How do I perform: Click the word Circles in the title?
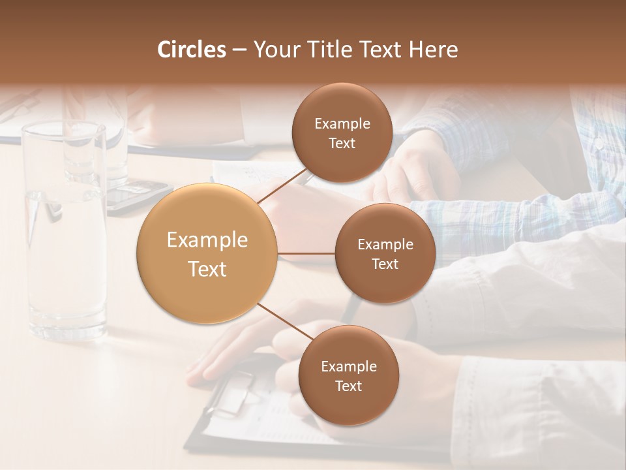tap(191, 50)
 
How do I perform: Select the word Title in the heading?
tap(342, 50)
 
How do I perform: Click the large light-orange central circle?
tap(207, 254)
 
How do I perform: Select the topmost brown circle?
tap(342, 133)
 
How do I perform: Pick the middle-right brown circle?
tap(385, 253)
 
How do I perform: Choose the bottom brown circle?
tap(348, 375)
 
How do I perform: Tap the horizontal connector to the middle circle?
tap(306, 253)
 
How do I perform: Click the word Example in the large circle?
tap(207, 240)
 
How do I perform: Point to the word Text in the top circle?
tap(342, 144)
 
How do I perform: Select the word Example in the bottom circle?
tap(348, 366)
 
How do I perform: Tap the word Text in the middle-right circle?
tap(385, 264)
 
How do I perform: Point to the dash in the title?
tap(239, 50)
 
